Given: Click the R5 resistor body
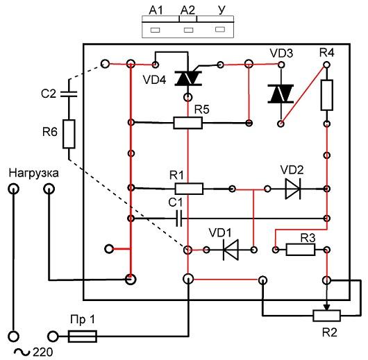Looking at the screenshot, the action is click(x=187, y=123).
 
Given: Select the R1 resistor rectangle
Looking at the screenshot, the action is click(x=189, y=189).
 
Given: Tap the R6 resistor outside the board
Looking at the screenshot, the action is click(x=69, y=134).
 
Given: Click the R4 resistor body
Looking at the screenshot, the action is click(x=327, y=95).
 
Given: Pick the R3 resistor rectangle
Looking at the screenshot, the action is click(x=301, y=250).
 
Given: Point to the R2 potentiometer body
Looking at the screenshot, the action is click(x=327, y=316).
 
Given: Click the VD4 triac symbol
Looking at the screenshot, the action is click(x=188, y=78).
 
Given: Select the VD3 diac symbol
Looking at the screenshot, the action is click(x=281, y=94).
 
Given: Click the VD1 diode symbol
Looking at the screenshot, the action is click(x=231, y=250).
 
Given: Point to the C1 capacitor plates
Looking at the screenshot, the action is click(x=179, y=218).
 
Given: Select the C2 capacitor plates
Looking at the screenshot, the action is click(x=69, y=94).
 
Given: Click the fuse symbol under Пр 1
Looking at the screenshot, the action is click(x=83, y=336).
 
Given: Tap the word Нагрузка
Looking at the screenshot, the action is click(x=33, y=173).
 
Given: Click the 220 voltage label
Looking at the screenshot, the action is click(x=43, y=352).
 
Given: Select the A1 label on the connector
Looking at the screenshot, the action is click(x=156, y=10).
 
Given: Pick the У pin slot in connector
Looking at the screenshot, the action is click(x=220, y=29).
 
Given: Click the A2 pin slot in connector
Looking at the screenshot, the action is click(x=188, y=30).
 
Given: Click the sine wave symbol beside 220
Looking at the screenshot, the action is click(x=22, y=352).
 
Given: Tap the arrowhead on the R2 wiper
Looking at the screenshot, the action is click(x=327, y=307).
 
